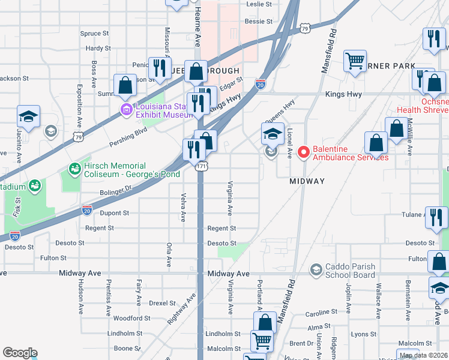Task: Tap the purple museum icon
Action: point(125,109)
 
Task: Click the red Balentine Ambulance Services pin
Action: point(303,153)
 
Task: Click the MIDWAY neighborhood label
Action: point(307,181)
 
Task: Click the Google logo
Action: point(20,353)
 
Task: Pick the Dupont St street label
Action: point(114,213)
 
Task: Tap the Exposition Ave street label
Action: point(79,107)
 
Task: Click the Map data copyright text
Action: point(423,355)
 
